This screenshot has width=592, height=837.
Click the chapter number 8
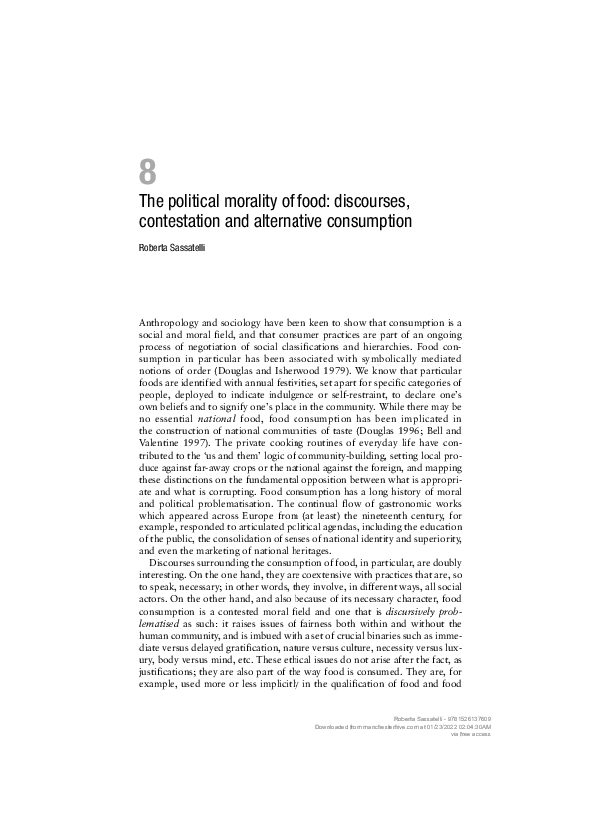point(147,171)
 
